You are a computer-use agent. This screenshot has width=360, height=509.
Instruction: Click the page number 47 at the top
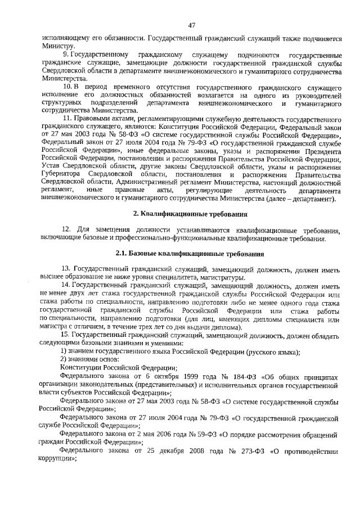pyautogui.click(x=191, y=25)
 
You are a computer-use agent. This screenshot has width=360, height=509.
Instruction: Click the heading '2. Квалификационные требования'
pyautogui.click(x=191, y=214)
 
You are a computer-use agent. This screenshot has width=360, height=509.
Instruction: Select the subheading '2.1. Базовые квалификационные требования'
pyautogui.click(x=191, y=254)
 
